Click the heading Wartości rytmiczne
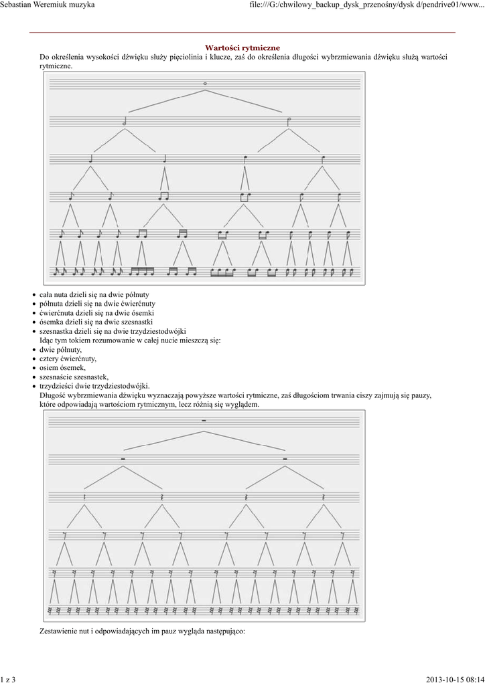(x=242, y=47)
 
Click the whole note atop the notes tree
(x=205, y=83)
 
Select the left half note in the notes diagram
(x=125, y=122)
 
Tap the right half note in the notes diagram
(x=288, y=121)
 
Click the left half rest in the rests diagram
(x=123, y=459)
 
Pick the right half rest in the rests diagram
(x=285, y=459)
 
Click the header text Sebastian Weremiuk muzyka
(x=48, y=5)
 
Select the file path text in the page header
(x=366, y=5)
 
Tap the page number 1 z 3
(x=8, y=680)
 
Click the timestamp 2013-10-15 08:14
(x=454, y=680)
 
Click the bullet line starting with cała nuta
(x=94, y=294)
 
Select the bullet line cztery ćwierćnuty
(x=68, y=359)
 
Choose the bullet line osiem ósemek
(x=62, y=368)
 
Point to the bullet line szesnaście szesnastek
(x=74, y=377)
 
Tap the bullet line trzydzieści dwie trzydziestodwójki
(x=94, y=386)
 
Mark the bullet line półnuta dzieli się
(x=97, y=304)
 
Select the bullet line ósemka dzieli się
(x=97, y=322)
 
